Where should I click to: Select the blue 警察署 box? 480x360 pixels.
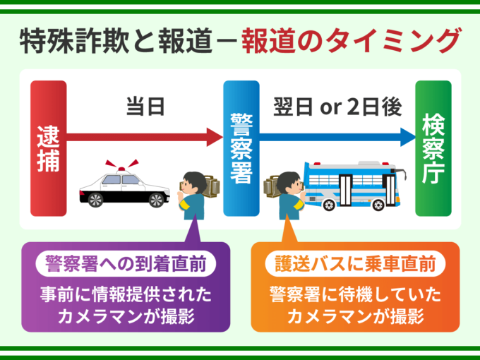point(241,148)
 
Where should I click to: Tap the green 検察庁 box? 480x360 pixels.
point(433,148)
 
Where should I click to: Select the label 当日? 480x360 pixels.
point(145,107)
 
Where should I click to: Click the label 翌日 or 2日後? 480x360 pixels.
point(337,107)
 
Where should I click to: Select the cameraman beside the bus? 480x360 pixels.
point(288,192)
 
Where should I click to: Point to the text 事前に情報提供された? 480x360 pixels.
point(126,294)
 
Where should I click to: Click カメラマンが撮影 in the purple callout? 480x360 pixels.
point(126,316)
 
